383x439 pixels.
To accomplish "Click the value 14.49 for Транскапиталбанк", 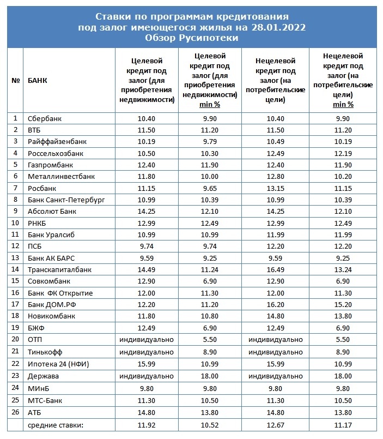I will click(x=147, y=269).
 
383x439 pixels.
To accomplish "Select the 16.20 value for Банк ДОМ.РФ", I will click(x=277, y=304).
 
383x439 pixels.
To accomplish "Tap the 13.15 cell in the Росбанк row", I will click(x=277, y=188).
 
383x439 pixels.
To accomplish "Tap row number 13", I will click(x=16, y=258).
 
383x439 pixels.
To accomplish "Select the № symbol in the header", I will click(x=16, y=81).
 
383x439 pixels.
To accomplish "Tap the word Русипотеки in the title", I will click(x=209, y=39).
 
